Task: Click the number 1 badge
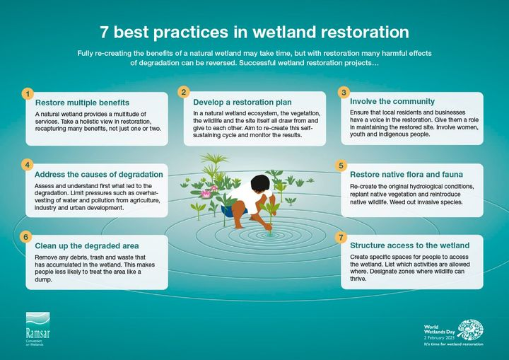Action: [28, 94]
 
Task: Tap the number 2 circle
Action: [184, 92]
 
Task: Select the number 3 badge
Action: [344, 92]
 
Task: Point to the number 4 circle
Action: [28, 165]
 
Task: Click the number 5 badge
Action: [341, 166]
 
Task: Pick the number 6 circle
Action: [26, 237]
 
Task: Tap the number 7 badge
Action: [341, 237]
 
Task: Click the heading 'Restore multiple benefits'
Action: [82, 103]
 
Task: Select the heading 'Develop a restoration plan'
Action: [242, 103]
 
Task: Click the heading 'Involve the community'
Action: [392, 101]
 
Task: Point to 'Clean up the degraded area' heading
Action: [87, 246]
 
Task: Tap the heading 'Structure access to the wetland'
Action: [409, 245]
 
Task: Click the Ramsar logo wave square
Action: [38, 321]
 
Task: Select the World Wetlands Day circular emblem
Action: [470, 330]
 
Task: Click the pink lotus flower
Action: [206, 194]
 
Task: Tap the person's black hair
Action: [260, 184]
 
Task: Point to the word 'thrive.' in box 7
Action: [358, 279]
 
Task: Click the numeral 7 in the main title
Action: [103, 32]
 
